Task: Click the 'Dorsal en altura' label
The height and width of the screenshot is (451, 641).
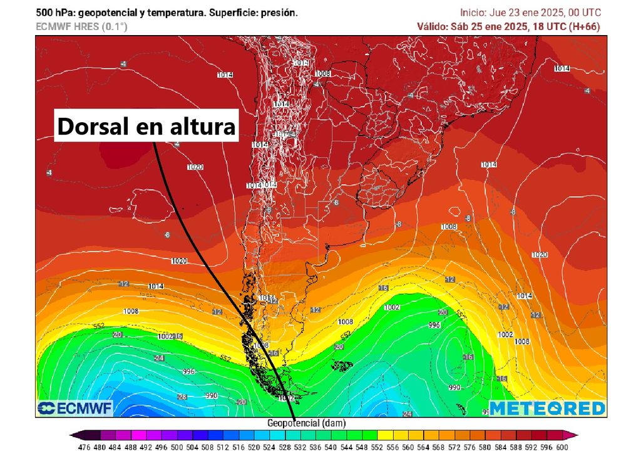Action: (147, 127)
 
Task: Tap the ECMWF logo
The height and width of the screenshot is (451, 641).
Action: (74, 408)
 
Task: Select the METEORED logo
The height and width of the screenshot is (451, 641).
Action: (547, 408)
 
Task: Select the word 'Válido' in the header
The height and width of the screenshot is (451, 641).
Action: (433, 26)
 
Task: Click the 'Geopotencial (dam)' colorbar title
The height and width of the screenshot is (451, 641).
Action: (307, 423)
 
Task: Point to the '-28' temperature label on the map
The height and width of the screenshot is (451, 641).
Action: (182, 397)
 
